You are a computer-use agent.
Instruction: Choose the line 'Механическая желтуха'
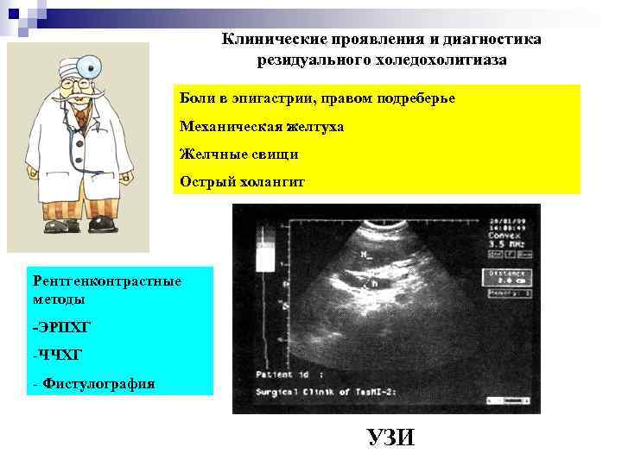tap(261, 127)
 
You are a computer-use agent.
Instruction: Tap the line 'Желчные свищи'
tap(238, 154)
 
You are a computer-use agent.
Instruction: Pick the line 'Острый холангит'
tap(242, 181)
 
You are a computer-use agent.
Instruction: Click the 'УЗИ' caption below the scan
tap(390, 438)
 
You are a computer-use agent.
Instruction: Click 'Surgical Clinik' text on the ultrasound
tap(299, 390)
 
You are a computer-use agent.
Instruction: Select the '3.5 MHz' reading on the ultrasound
tap(505, 245)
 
